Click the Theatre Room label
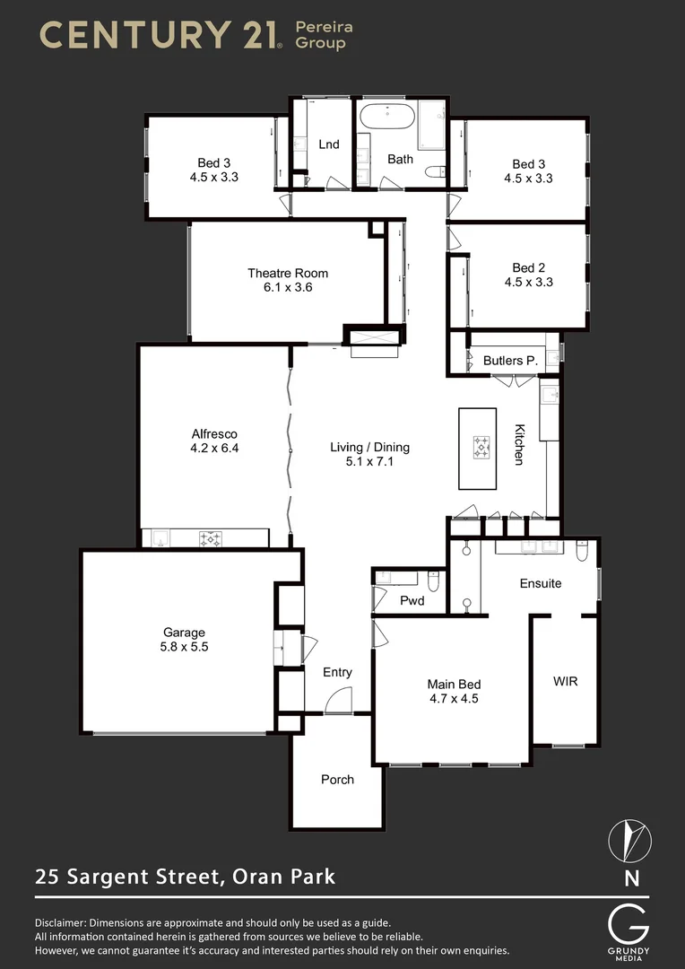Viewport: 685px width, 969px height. click(288, 273)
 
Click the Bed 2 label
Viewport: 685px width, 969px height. click(528, 267)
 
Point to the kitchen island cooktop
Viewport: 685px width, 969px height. click(482, 446)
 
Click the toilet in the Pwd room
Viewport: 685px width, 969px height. click(434, 585)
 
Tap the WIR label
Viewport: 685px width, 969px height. click(565, 681)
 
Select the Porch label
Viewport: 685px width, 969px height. click(337, 779)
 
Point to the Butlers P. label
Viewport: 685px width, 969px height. click(509, 361)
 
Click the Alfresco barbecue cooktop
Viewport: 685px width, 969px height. click(211, 539)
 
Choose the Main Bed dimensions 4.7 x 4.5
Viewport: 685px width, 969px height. click(452, 698)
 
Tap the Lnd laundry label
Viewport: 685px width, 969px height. click(329, 144)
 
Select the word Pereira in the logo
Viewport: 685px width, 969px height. click(324, 27)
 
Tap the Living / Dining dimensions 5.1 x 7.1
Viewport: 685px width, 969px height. click(369, 462)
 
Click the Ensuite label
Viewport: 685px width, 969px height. click(541, 583)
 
